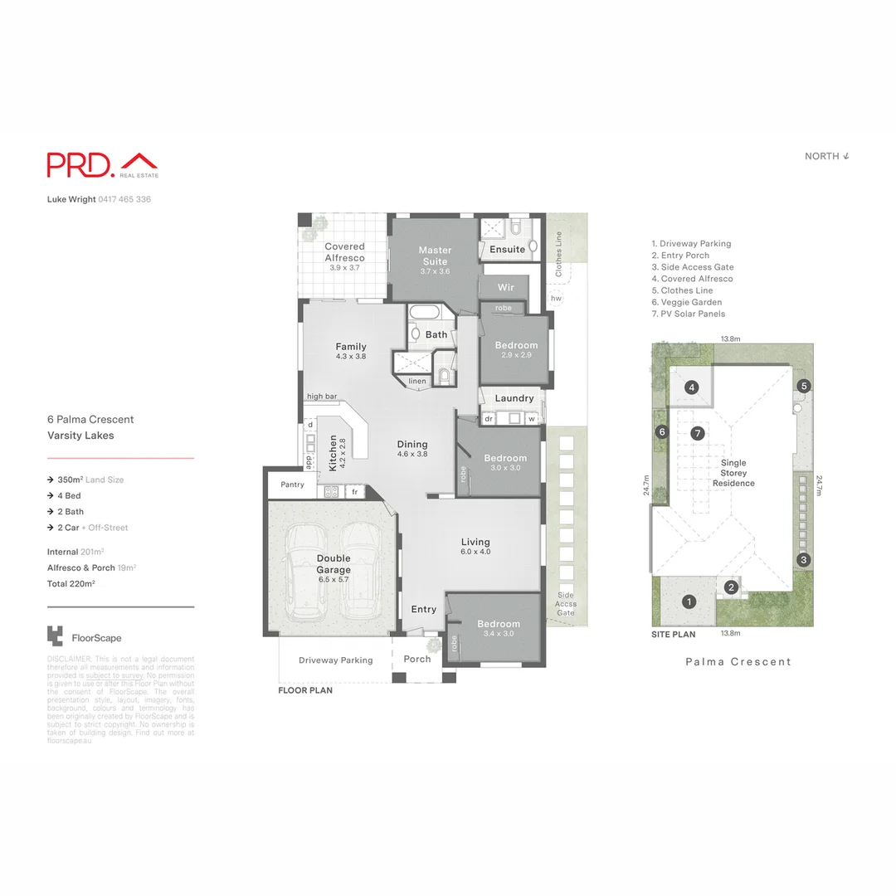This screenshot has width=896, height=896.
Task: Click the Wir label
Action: point(506,287)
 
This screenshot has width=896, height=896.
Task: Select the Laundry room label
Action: point(514,398)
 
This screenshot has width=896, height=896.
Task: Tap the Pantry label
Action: point(293,485)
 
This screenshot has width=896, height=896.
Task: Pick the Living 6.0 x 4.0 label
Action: point(476,547)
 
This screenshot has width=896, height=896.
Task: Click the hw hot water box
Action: point(556,298)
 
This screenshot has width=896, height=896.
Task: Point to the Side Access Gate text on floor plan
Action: point(565,604)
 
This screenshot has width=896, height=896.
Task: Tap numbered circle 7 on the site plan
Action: point(698,433)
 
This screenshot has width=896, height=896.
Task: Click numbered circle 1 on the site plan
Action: point(688,601)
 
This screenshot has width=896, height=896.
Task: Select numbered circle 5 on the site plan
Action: point(804,386)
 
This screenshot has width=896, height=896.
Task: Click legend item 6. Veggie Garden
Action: point(687,302)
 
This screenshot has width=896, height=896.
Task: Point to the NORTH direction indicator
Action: point(827,156)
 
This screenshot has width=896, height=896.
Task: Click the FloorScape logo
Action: point(85,637)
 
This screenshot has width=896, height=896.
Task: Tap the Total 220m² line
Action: point(71,584)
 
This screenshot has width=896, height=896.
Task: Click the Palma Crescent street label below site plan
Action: point(738,662)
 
